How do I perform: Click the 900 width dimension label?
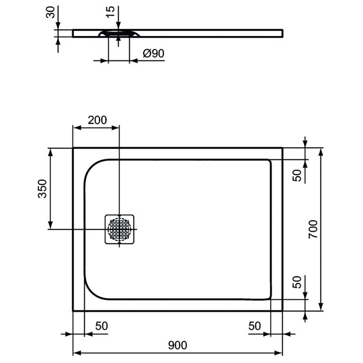click(x=177, y=345)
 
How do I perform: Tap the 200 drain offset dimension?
click(x=97, y=120)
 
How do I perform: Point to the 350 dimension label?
click(x=42, y=189)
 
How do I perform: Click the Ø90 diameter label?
click(x=153, y=53)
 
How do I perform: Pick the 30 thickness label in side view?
click(x=51, y=12)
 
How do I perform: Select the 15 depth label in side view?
click(x=110, y=12)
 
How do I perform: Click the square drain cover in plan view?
click(x=119, y=229)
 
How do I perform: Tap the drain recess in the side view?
click(x=119, y=33)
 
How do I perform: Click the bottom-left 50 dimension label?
click(x=102, y=326)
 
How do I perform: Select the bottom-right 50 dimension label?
click(x=254, y=326)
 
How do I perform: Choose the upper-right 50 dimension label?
click(x=297, y=175)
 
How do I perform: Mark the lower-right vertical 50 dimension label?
click(x=297, y=282)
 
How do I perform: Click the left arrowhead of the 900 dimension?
click(x=77, y=353)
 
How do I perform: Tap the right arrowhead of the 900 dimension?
click(x=278, y=353)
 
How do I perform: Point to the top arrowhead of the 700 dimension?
click(x=321, y=152)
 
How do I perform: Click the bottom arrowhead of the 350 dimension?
click(x=50, y=225)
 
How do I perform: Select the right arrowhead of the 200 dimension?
click(x=115, y=128)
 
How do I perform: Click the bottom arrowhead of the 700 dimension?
click(x=321, y=306)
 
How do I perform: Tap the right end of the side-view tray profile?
click(x=283, y=33)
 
